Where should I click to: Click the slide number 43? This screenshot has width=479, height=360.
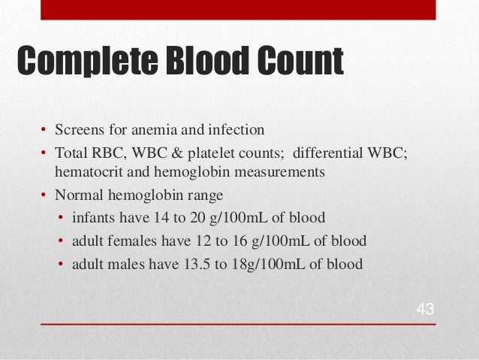[x=426, y=310]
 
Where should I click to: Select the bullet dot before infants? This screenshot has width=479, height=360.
[x=61, y=219]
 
